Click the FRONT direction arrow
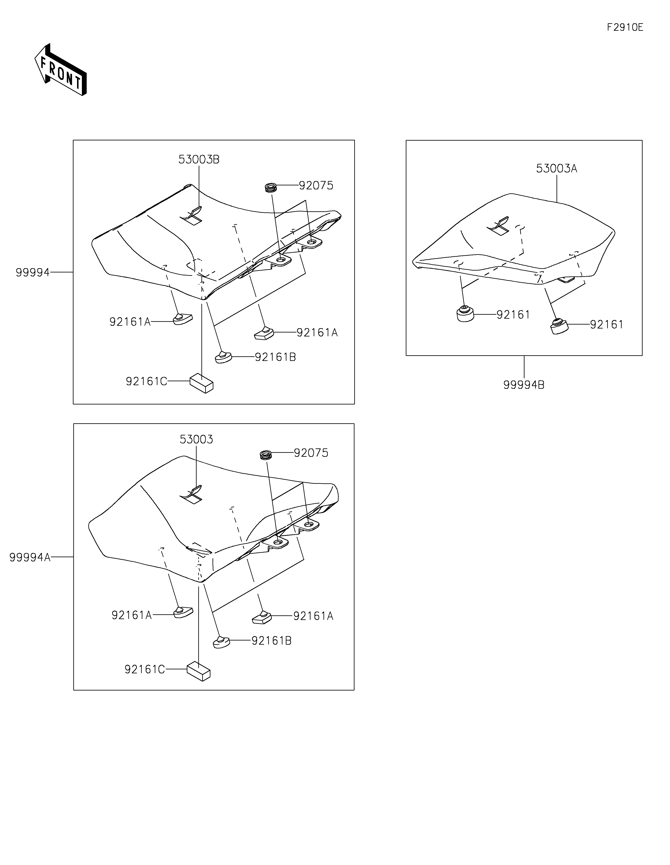click(61, 70)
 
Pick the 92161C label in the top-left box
click(146, 381)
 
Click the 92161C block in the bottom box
click(198, 671)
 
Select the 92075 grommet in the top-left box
click(271, 187)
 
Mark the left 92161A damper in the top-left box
click(182, 319)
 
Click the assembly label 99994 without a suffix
click(32, 272)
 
